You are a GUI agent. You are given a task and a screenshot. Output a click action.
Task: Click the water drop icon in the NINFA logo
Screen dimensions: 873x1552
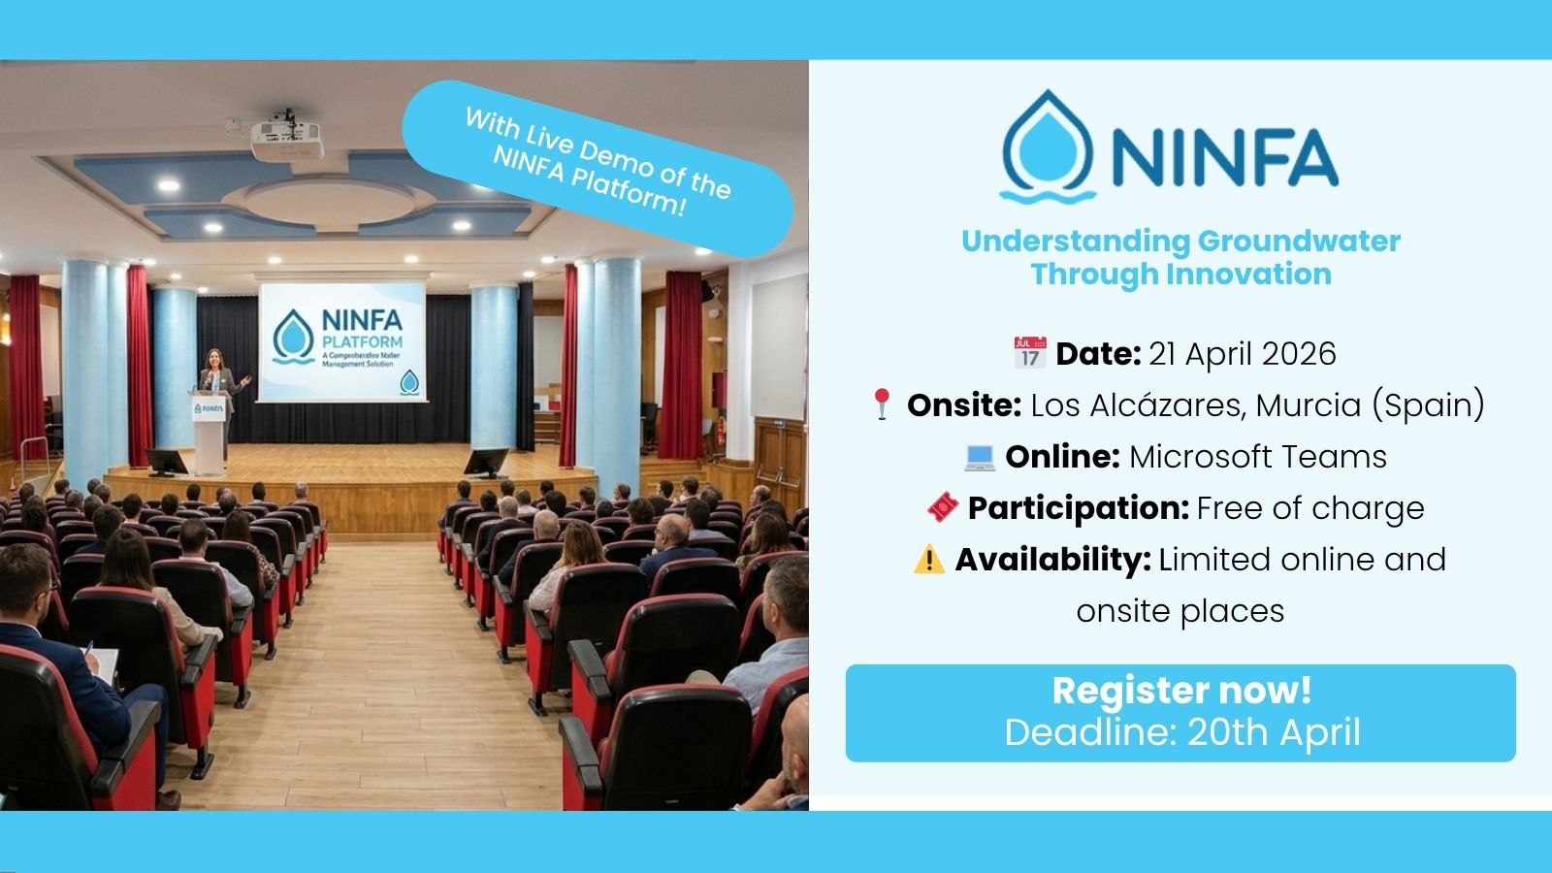click(1048, 145)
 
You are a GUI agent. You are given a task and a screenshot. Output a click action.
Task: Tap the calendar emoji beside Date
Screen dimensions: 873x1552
click(1029, 353)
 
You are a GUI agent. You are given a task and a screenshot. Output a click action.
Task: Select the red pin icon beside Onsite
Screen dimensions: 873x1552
click(882, 404)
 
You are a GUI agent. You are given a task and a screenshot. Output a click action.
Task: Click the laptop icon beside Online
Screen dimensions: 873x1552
click(980, 457)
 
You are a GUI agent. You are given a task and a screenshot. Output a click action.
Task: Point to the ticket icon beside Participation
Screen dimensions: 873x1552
click(943, 507)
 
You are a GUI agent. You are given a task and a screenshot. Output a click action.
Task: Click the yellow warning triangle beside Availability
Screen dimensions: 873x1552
click(929, 560)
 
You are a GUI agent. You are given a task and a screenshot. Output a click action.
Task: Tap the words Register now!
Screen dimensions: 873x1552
click(1181, 691)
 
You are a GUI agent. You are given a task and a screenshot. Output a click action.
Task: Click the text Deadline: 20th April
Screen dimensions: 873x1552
click(1181, 732)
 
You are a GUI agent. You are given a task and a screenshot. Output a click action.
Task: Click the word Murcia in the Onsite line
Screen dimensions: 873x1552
click(1308, 404)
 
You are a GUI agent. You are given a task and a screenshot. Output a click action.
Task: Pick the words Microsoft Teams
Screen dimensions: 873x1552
click(1258, 457)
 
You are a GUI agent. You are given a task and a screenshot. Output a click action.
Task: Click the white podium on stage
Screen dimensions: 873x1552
click(209, 432)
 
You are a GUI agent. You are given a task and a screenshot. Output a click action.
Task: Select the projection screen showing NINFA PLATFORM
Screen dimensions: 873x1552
click(342, 340)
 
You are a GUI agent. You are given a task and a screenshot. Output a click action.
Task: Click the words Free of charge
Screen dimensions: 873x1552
click(1310, 507)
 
